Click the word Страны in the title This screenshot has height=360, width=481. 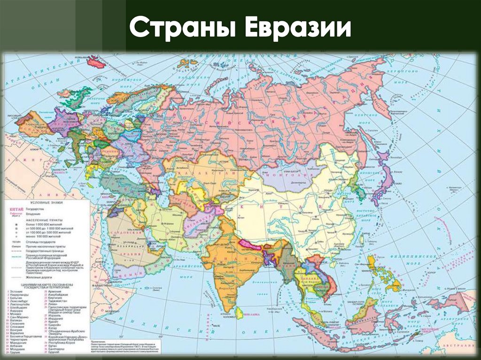pyautogui.click(x=183, y=29)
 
